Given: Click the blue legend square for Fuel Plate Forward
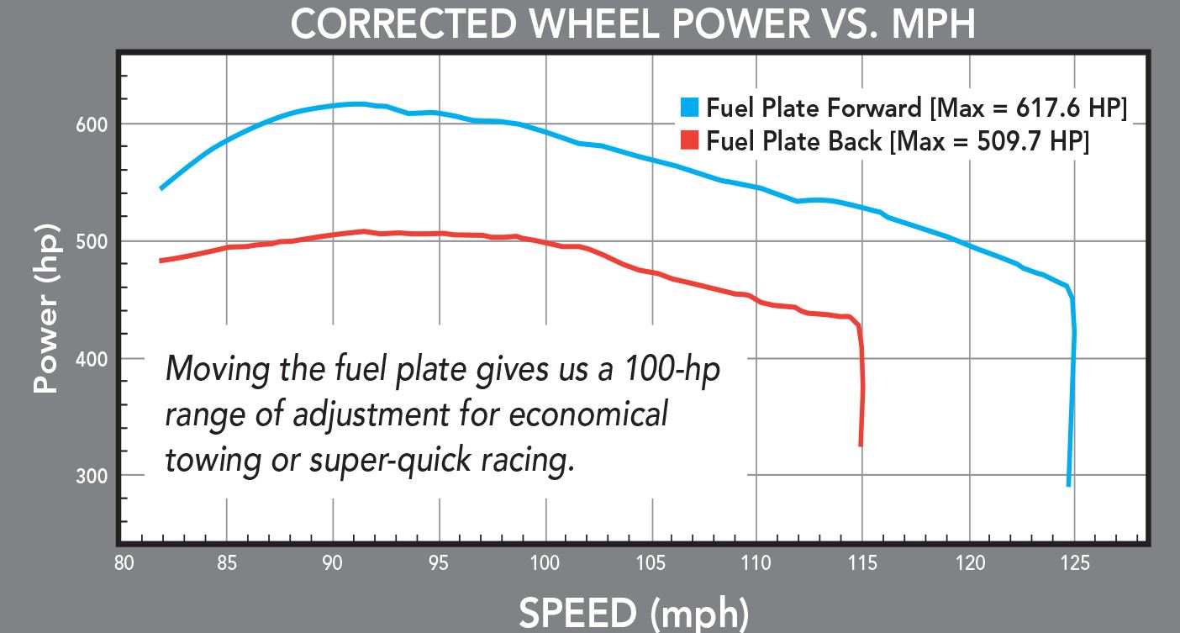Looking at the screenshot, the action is point(689,107).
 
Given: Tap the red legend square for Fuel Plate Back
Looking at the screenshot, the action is point(689,140).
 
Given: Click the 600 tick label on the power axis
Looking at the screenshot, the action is point(92,125).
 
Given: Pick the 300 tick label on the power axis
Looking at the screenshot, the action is point(92,476).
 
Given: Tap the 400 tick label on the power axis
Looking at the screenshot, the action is point(92,359).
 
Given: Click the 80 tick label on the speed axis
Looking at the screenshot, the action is point(124,563).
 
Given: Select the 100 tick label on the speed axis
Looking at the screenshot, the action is point(545,563).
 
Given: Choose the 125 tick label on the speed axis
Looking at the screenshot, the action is point(1075,563).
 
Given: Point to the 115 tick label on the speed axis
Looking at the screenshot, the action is point(862,563).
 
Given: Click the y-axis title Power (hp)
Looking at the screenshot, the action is point(46,309).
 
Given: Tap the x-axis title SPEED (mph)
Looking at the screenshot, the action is point(634,614).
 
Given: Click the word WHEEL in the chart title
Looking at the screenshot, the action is point(594,24).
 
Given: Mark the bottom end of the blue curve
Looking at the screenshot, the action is point(1068,485).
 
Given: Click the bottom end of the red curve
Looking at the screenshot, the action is point(861,446).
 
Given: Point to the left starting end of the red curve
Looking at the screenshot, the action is point(161,261).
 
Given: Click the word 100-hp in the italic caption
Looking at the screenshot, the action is point(672,368).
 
